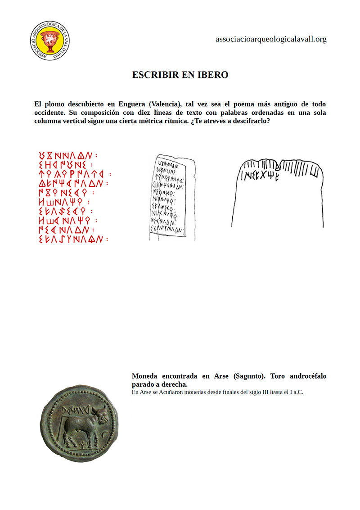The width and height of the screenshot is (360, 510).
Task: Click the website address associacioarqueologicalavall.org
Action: coord(271,39)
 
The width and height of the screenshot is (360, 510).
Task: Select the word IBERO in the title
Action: coord(213,75)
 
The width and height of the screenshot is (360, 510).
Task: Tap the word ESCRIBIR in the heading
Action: coord(155,75)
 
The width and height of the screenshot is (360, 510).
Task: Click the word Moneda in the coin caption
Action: coord(146,376)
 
